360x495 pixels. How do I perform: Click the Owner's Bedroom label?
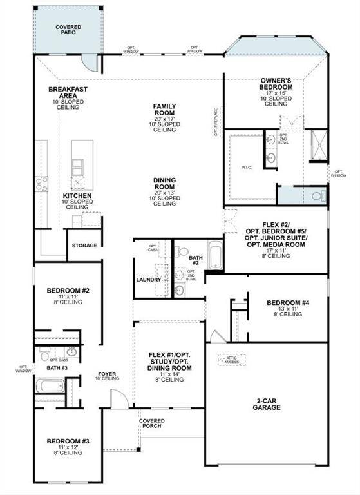click(276, 83)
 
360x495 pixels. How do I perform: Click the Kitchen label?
click(77, 195)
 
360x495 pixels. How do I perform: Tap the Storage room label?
click(84, 246)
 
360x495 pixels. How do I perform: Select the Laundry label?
click(148, 280)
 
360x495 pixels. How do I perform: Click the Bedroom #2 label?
click(67, 291)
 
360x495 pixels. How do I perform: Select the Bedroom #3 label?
click(68, 442)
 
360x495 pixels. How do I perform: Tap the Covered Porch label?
click(152, 423)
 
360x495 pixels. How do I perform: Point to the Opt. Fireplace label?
click(216, 122)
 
